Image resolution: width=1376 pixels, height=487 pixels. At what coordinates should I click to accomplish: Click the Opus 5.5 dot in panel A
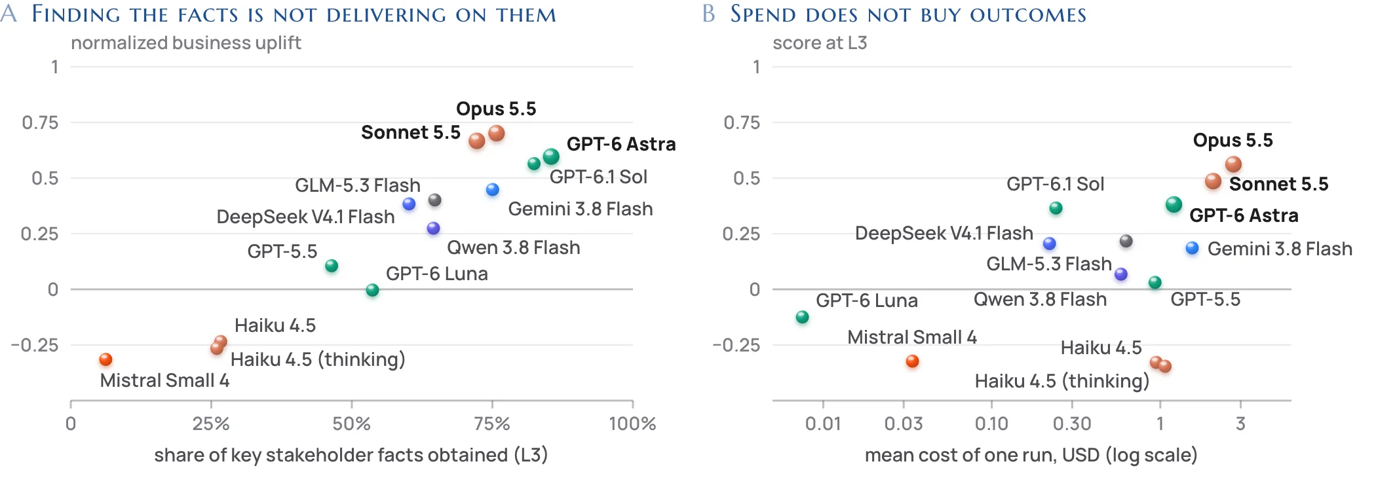click(497, 134)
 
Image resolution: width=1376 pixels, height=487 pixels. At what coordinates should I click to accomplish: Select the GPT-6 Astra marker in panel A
click(551, 156)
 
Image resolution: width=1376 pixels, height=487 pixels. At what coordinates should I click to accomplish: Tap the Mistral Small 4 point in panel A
click(105, 359)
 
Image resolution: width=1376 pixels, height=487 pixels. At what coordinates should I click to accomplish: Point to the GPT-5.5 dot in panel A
click(332, 266)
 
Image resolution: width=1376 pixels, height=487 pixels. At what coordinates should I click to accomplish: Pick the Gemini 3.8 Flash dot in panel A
click(493, 190)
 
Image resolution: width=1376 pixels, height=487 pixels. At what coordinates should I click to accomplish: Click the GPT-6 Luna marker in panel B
click(802, 317)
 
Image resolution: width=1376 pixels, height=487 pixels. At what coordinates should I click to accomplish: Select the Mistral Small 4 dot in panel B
click(912, 361)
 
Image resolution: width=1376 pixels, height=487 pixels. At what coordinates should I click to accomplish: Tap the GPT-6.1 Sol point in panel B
click(1056, 208)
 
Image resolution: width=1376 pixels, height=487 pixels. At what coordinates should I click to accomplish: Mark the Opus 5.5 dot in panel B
click(1234, 164)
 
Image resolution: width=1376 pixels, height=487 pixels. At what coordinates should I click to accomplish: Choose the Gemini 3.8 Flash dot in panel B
click(1193, 248)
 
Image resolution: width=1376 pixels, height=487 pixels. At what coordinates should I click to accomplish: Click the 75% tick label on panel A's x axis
click(492, 424)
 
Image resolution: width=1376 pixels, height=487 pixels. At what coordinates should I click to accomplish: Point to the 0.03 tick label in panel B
click(904, 424)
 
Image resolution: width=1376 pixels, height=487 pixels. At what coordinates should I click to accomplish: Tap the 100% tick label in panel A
click(632, 424)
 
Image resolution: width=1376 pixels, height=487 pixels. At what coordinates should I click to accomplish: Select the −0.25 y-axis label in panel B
click(736, 345)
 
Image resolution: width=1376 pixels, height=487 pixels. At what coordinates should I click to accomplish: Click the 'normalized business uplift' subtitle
click(186, 43)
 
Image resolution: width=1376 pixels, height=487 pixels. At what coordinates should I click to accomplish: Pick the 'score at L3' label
click(820, 43)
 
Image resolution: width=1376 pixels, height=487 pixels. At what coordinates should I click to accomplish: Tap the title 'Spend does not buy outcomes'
click(908, 14)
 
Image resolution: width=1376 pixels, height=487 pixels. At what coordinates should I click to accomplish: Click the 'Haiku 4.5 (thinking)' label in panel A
click(318, 359)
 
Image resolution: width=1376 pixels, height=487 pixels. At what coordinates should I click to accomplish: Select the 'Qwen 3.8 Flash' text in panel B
click(1040, 299)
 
